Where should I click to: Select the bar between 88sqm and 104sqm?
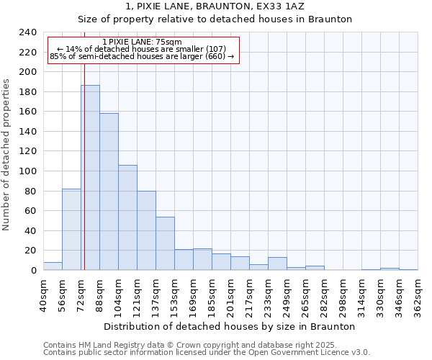click(109, 192)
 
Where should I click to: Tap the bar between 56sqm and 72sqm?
click(71, 230)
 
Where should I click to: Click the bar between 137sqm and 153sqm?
click(165, 243)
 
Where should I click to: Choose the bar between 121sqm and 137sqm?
click(146, 230)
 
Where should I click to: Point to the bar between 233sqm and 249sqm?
click(277, 264)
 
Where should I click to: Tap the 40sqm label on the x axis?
click(43, 294)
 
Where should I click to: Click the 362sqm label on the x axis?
click(418, 294)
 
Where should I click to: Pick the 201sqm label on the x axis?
click(230, 294)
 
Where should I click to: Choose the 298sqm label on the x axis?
click(343, 294)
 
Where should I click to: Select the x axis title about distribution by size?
click(230, 326)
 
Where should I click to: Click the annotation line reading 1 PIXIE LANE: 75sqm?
click(143, 42)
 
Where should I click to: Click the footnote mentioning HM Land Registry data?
click(206, 345)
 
